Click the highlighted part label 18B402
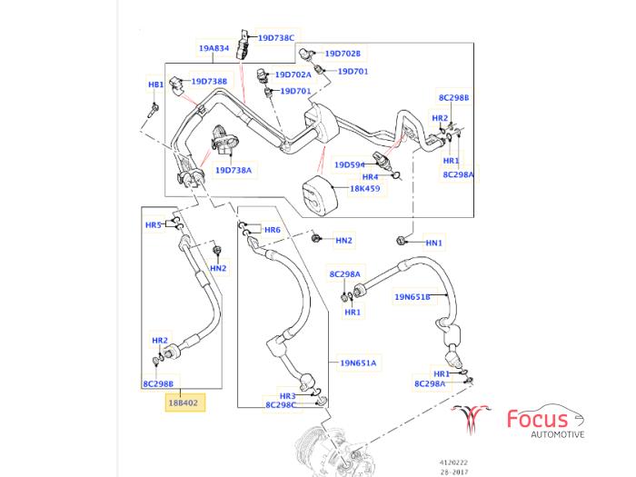[185, 401]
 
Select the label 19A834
[215, 47]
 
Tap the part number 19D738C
[276, 38]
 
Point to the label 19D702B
[343, 54]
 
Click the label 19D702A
[293, 75]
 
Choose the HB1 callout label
[155, 84]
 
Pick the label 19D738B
[208, 82]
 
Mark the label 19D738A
[234, 170]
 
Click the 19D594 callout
[350, 164]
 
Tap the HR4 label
[370, 177]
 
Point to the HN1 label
[434, 243]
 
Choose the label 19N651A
[358, 363]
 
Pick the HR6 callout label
[272, 230]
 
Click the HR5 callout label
[153, 225]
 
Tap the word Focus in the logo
[537, 419]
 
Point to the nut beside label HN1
[401, 242]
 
